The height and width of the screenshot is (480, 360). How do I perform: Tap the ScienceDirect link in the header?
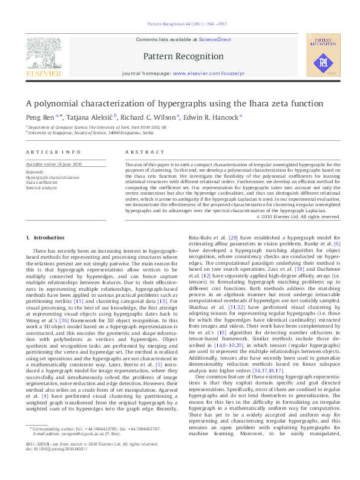click(x=215, y=39)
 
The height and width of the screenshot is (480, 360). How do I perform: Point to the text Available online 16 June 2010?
click(x=53, y=164)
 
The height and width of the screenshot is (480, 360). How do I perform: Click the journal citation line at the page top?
click(x=180, y=24)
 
